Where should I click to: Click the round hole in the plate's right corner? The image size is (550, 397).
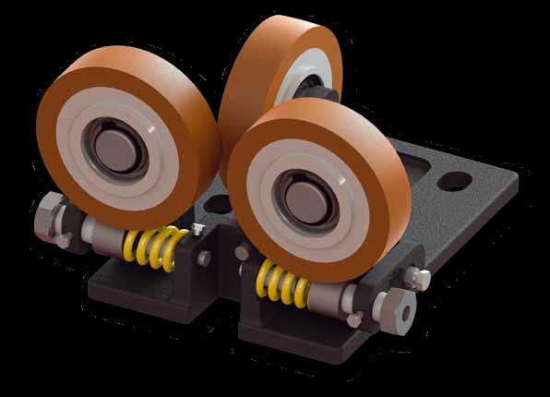(x=454, y=181)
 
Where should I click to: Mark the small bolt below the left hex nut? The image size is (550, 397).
(x=63, y=241)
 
